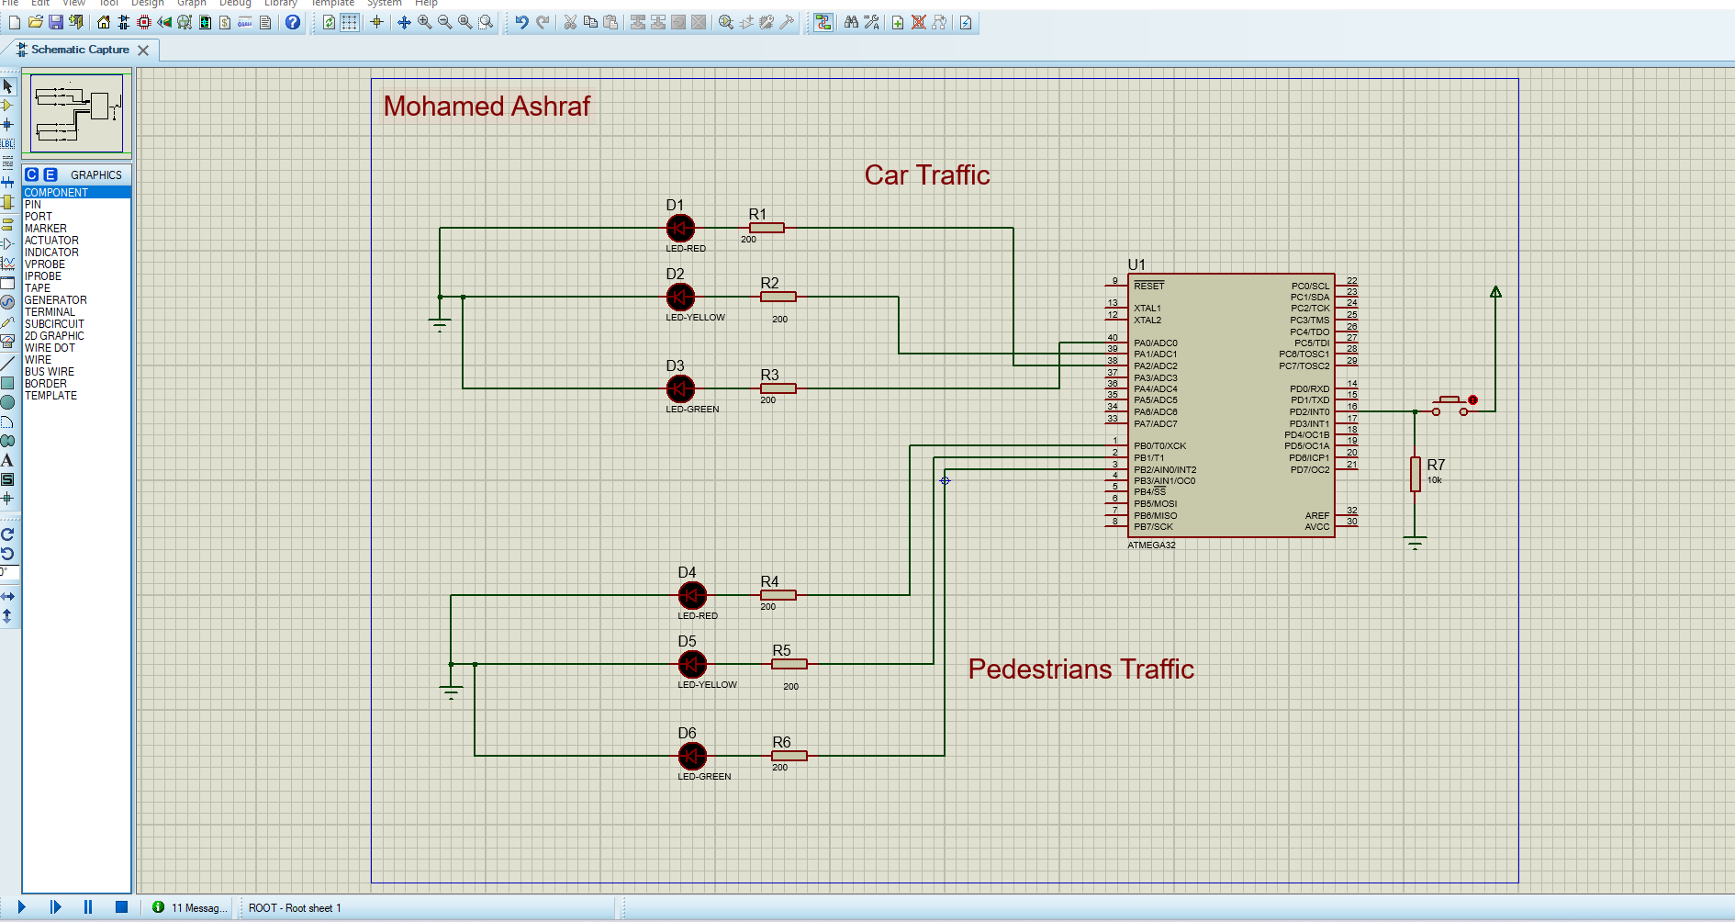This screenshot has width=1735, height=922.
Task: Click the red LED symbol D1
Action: click(x=680, y=228)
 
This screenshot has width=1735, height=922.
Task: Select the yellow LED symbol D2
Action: click(x=680, y=297)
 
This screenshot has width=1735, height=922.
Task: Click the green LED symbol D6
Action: click(x=692, y=756)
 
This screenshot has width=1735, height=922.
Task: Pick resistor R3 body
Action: click(x=778, y=388)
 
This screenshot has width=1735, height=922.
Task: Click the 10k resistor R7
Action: click(x=1415, y=474)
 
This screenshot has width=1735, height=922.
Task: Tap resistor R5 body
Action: click(x=789, y=664)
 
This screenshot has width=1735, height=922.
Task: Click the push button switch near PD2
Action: click(x=1450, y=405)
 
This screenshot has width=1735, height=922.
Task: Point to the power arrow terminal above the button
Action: click(x=1495, y=292)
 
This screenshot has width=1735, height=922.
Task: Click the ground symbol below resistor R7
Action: click(x=1415, y=543)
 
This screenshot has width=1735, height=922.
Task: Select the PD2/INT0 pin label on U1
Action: click(x=1309, y=412)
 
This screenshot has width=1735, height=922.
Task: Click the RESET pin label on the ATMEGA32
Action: click(x=1148, y=286)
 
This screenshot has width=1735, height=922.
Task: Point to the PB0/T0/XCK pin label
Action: click(x=1159, y=446)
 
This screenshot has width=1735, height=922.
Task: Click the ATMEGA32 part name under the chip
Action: click(x=1151, y=545)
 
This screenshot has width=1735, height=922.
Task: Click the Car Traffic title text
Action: click(x=927, y=175)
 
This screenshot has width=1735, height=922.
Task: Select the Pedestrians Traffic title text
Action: click(x=1080, y=669)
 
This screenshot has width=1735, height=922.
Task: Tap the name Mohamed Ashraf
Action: click(x=487, y=107)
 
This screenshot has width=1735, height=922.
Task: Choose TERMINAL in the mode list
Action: click(x=50, y=312)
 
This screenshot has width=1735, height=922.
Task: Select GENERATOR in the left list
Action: click(x=55, y=300)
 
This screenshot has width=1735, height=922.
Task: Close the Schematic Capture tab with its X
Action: click(x=143, y=51)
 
